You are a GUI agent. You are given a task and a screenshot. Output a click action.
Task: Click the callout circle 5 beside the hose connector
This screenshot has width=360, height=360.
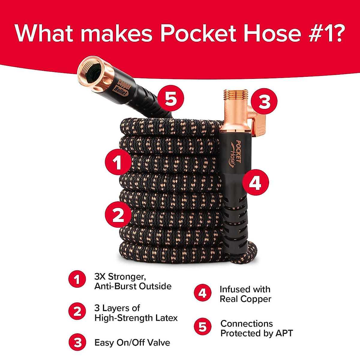coord(170,98)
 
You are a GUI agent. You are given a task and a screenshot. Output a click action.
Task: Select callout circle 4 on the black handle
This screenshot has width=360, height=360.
coord(256,182)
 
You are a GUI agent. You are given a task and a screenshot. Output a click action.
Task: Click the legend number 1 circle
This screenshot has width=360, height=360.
coord(77,279)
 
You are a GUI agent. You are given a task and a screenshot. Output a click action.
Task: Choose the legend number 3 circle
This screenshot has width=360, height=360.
coord(77,342)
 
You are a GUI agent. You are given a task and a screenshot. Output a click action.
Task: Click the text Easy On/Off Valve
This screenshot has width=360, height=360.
coord(132,343)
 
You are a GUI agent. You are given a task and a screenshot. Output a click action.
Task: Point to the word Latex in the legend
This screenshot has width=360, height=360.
coord(165,318)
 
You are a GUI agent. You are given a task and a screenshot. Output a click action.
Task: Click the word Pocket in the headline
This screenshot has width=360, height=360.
coord(199,33)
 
